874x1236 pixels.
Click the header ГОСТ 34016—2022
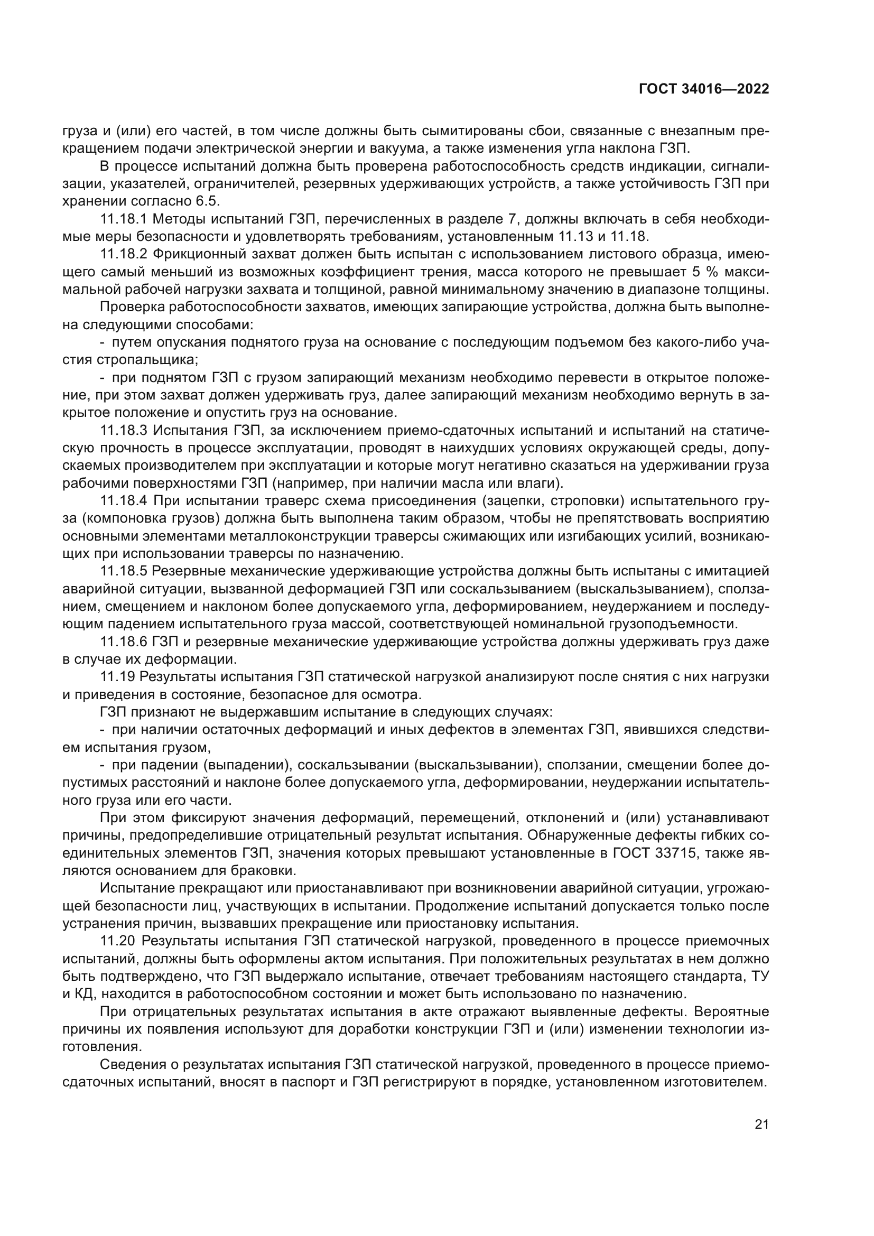tap(703, 89)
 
